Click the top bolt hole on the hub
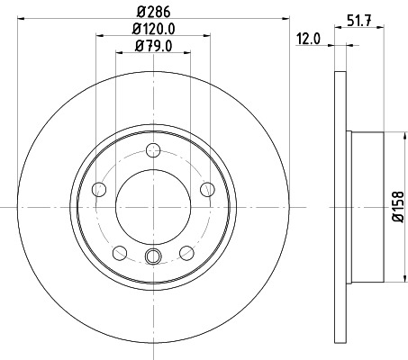(x=153, y=150)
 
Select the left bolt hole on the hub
(x=99, y=189)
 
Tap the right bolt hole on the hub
(x=207, y=189)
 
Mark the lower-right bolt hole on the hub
(x=186, y=252)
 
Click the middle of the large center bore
(x=153, y=206)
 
